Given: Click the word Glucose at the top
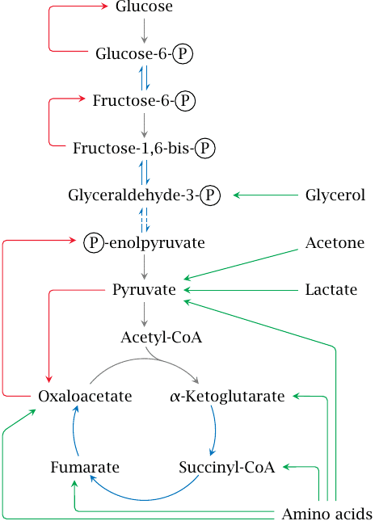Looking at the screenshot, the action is click(x=144, y=6).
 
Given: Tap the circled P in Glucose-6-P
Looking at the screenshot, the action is click(x=183, y=54).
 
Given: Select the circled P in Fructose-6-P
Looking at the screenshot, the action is click(x=185, y=101).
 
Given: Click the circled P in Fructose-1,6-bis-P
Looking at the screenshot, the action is click(x=204, y=148).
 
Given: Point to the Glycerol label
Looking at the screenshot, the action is click(x=335, y=195).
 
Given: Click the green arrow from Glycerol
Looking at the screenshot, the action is click(x=266, y=195).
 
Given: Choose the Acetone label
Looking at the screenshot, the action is click(x=335, y=242).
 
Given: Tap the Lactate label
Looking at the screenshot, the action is click(x=331, y=290).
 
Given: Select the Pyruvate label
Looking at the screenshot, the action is click(x=144, y=290).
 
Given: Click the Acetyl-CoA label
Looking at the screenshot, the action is click(x=162, y=338).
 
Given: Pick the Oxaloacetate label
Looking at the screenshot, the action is click(x=85, y=396).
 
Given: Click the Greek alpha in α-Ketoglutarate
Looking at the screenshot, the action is click(x=175, y=397).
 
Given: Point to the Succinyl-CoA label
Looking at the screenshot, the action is click(x=227, y=468).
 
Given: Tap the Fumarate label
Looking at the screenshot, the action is click(x=85, y=467).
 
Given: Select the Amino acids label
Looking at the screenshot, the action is click(x=327, y=514).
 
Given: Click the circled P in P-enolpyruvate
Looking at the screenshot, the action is click(x=94, y=242).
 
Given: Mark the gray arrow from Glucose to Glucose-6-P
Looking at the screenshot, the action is click(x=144, y=31).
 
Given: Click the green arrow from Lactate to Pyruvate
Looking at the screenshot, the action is click(x=241, y=290).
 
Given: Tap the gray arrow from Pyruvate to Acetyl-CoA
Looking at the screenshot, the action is click(x=144, y=314).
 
